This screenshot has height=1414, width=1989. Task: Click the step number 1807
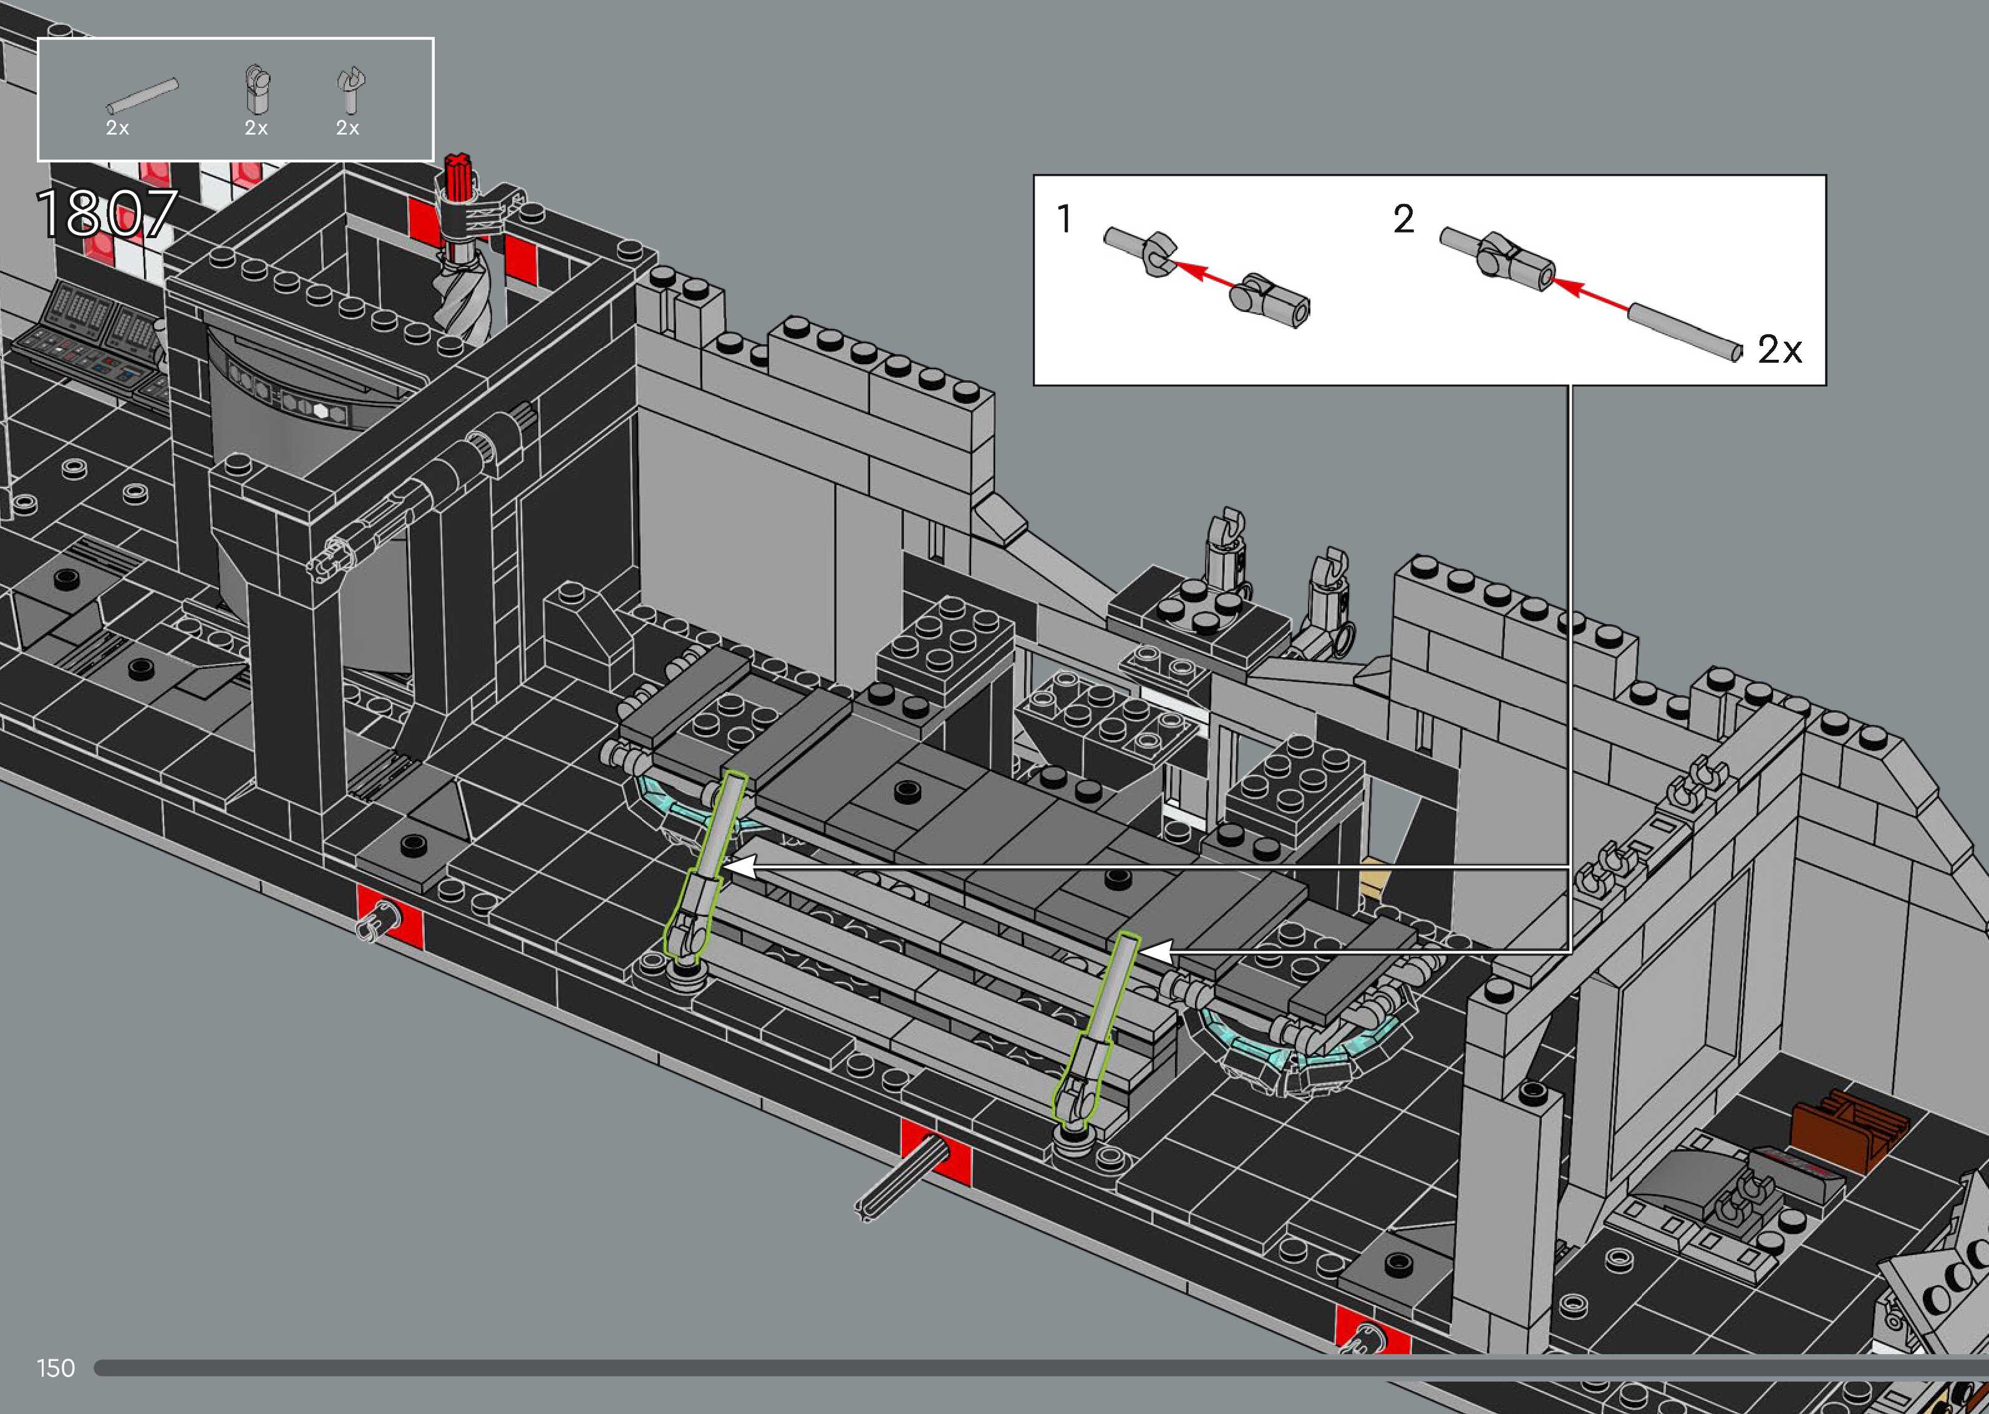106,214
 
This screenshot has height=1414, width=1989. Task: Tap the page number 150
56,1368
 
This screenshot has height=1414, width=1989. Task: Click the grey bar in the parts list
143,96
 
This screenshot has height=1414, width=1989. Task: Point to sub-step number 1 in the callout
1064,219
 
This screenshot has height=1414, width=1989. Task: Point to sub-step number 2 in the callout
1403,219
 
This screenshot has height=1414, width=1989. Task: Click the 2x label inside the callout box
1779,350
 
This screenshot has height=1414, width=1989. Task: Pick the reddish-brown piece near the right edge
1840,1129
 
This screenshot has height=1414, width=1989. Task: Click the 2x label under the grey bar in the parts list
117,128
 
